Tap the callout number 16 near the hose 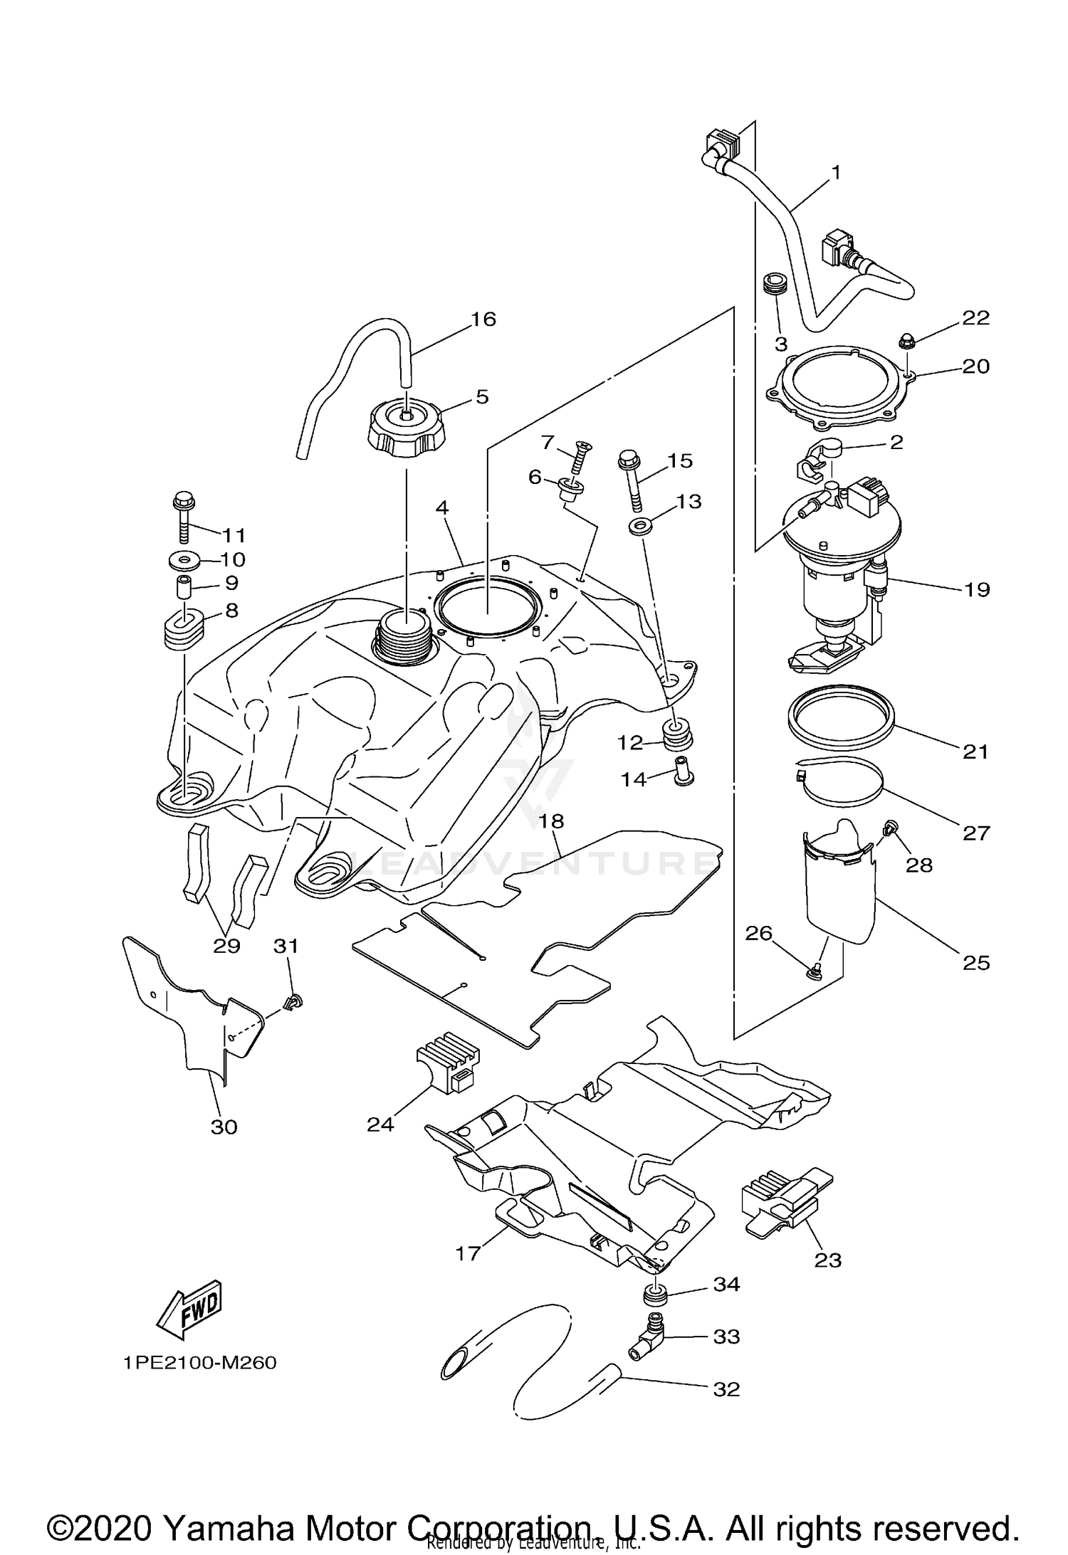(x=483, y=319)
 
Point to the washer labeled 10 (x=186, y=562)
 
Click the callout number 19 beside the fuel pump (x=978, y=589)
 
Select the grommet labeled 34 (x=655, y=1295)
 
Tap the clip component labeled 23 (x=783, y=1205)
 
